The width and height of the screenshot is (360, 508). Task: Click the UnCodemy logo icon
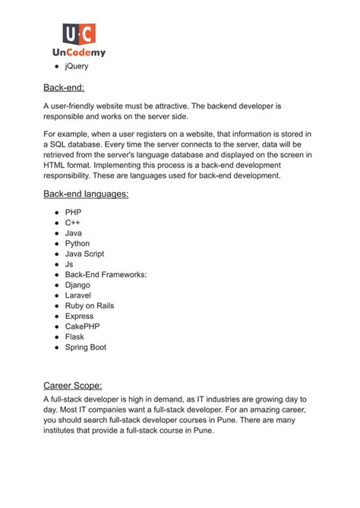[x=80, y=33]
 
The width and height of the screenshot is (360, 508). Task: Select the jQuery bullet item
[x=76, y=67]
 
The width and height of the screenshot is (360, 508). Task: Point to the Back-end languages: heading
[x=86, y=194]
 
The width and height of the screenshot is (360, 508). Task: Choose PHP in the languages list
[x=74, y=213]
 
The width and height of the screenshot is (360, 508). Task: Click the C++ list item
[x=74, y=223]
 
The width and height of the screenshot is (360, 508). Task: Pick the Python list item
[x=77, y=244]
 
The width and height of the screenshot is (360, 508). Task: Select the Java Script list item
[x=84, y=254]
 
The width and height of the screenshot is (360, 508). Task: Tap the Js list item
[x=69, y=264]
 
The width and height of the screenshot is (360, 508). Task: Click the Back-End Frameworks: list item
[x=106, y=275]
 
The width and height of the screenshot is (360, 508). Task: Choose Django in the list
[x=78, y=285]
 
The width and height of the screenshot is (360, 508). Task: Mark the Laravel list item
[x=78, y=295]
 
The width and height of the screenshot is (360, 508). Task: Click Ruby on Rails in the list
[x=90, y=306]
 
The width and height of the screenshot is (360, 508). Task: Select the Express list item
[x=80, y=316]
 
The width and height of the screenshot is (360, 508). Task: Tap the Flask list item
[x=74, y=336]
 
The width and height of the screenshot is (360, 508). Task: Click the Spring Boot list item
[x=86, y=347]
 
